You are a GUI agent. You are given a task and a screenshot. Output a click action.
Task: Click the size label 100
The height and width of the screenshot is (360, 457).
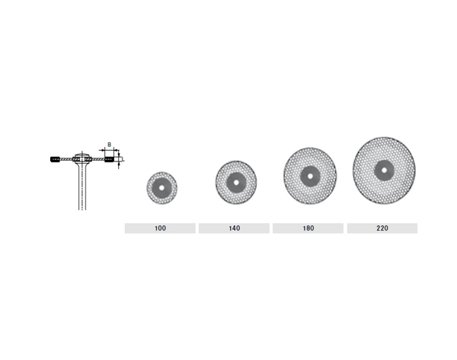tap(160, 228)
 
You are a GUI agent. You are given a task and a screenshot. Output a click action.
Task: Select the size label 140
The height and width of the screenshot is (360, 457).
tap(235, 228)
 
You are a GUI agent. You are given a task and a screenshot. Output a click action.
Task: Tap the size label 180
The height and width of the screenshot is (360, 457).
tap(308, 228)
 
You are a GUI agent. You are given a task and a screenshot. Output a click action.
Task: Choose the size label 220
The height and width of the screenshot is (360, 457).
tap(382, 228)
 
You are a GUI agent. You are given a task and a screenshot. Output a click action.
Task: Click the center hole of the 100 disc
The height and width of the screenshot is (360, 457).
tap(161, 188)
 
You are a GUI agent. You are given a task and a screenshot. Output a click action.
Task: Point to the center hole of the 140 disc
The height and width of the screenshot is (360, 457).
tap(236, 183)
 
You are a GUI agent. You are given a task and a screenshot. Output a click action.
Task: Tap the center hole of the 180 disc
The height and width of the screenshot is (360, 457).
tap(310, 177)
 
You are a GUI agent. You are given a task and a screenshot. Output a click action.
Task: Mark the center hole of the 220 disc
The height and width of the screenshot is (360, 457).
tap(384, 170)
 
